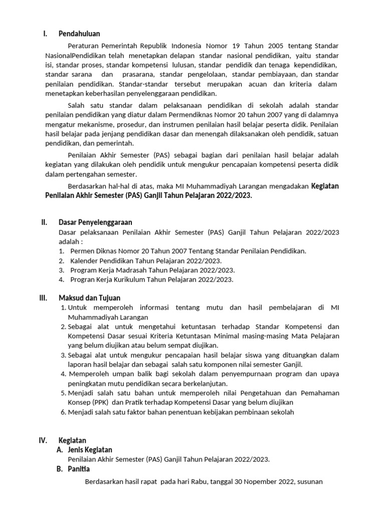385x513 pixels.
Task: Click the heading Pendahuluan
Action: (79, 34)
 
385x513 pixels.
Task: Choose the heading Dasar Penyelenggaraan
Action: (95, 222)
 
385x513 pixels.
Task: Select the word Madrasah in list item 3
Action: (127, 270)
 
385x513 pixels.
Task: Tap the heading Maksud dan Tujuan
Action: (89, 298)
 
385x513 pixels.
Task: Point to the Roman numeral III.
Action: (44, 298)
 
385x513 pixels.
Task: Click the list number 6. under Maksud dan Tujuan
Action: (63, 412)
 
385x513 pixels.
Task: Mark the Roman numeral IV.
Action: (43, 440)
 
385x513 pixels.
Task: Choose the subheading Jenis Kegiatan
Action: (90, 450)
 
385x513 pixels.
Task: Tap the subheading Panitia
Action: (78, 469)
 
